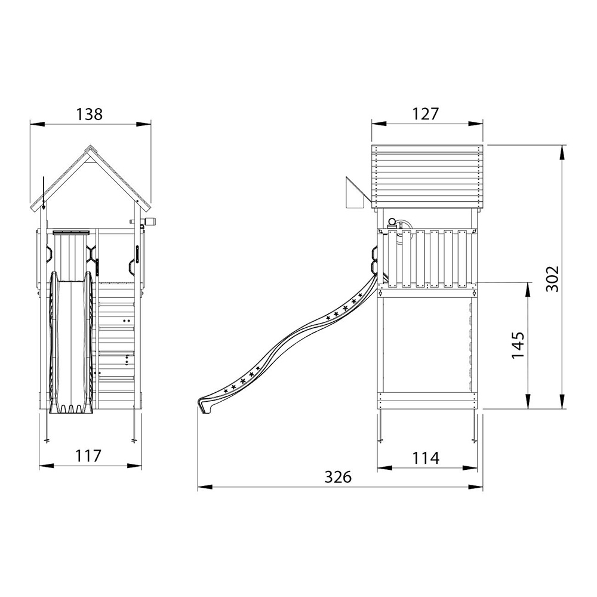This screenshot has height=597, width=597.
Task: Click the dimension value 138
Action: click(90, 114)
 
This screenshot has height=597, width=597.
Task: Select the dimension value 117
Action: click(88, 456)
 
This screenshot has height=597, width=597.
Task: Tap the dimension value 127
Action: click(426, 114)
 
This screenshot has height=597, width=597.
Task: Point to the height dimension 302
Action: click(552, 279)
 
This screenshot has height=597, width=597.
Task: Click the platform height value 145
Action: click(518, 345)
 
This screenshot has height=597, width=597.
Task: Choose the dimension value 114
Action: click(426, 458)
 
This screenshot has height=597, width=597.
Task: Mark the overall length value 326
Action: click(338, 476)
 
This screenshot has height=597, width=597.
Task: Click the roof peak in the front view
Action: click(90, 146)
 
